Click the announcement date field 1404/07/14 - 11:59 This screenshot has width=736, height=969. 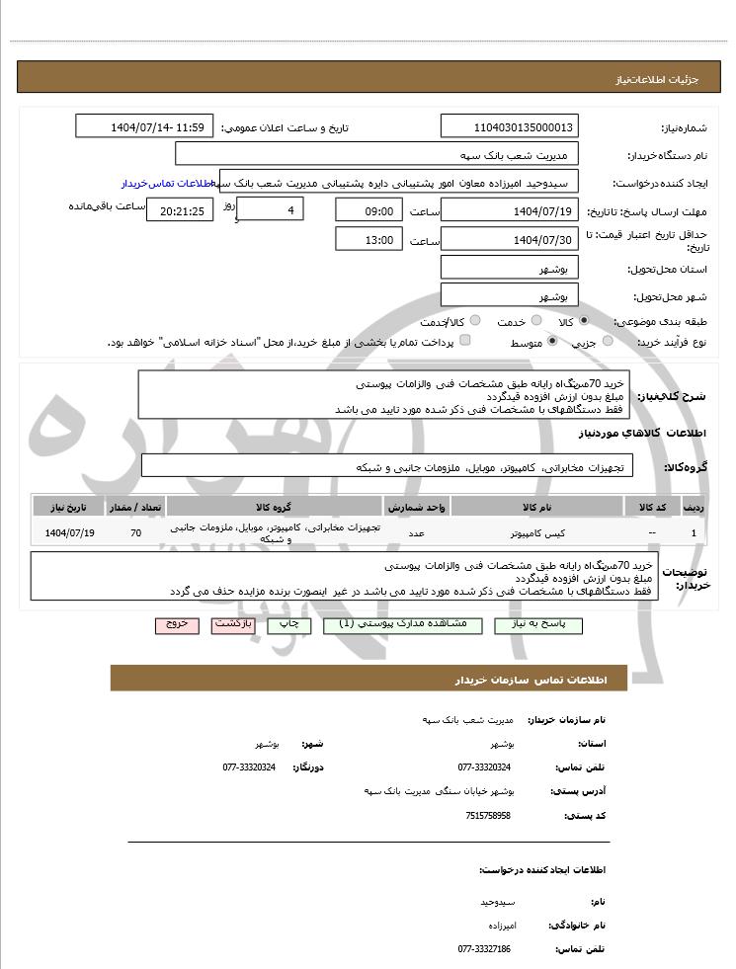click(x=144, y=127)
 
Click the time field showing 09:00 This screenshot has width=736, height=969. click(x=369, y=210)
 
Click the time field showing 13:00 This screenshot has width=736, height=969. click(x=369, y=239)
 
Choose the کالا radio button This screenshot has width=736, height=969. click(x=584, y=321)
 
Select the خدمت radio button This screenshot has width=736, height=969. click(x=535, y=321)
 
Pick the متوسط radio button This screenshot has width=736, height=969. click(x=552, y=341)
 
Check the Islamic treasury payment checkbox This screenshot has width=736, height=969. click(x=465, y=341)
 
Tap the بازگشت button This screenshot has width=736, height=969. click(x=233, y=625)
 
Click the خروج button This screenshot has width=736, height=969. click(x=177, y=625)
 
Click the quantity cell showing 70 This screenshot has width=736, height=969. click(x=135, y=533)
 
